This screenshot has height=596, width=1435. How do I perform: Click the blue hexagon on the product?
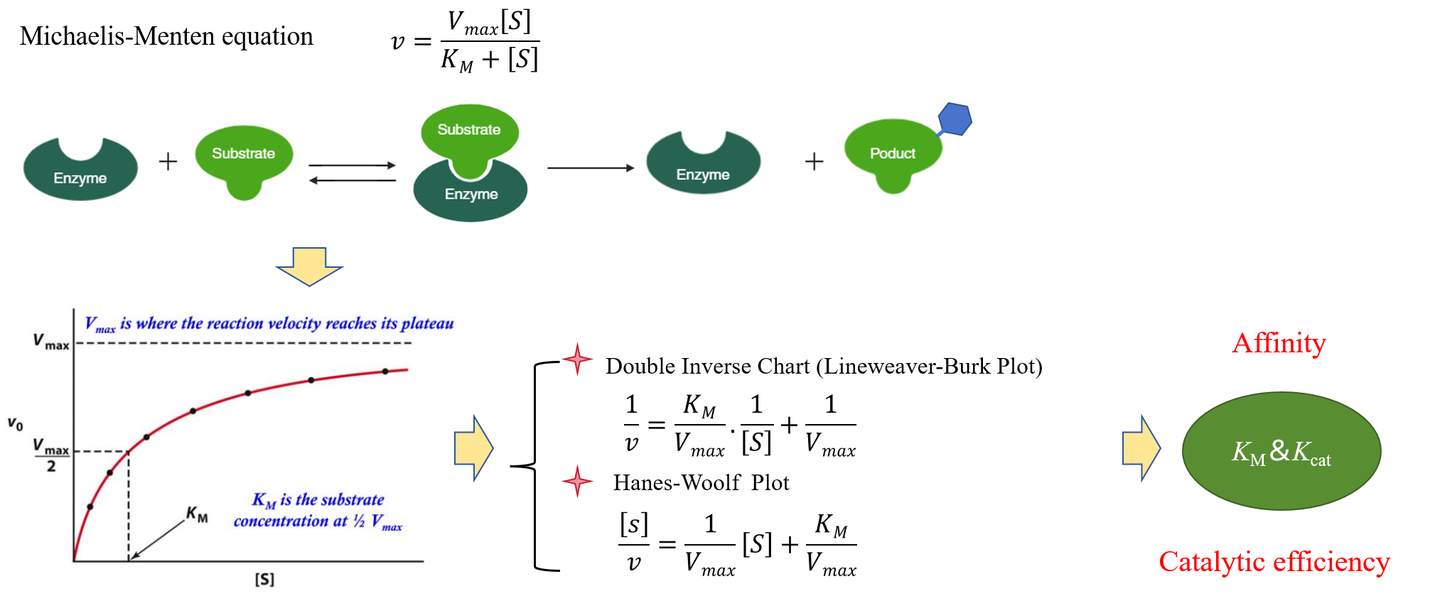pyautogui.click(x=955, y=119)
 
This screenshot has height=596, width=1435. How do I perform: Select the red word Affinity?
pyautogui.click(x=1279, y=343)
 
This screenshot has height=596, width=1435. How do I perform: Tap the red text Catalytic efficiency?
pyautogui.click(x=1274, y=562)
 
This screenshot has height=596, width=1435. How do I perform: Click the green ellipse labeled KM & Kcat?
pyautogui.click(x=1281, y=451)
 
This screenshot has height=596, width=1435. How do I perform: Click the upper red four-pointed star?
pyautogui.click(x=577, y=359)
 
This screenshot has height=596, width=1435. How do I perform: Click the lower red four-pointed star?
pyautogui.click(x=577, y=481)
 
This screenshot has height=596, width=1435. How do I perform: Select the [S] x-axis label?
pyautogui.click(x=264, y=579)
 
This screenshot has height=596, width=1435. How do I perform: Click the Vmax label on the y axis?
pyautogui.click(x=51, y=342)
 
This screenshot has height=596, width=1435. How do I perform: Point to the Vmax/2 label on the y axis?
pyautogui.click(x=51, y=455)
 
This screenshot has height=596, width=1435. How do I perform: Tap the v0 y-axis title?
pyautogui.click(x=16, y=424)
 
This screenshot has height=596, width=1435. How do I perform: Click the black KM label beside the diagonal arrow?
pyautogui.click(x=197, y=514)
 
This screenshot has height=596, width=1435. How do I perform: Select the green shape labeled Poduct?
pyautogui.click(x=892, y=153)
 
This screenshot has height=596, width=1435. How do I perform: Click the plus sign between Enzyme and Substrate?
pyautogui.click(x=168, y=162)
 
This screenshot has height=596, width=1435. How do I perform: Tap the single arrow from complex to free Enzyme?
pyautogui.click(x=590, y=168)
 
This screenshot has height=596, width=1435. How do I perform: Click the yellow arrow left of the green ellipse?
pyautogui.click(x=1141, y=448)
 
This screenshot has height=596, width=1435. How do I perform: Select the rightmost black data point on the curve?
pyautogui.click(x=385, y=372)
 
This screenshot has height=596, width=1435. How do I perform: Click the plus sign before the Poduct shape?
pyautogui.click(x=814, y=162)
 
